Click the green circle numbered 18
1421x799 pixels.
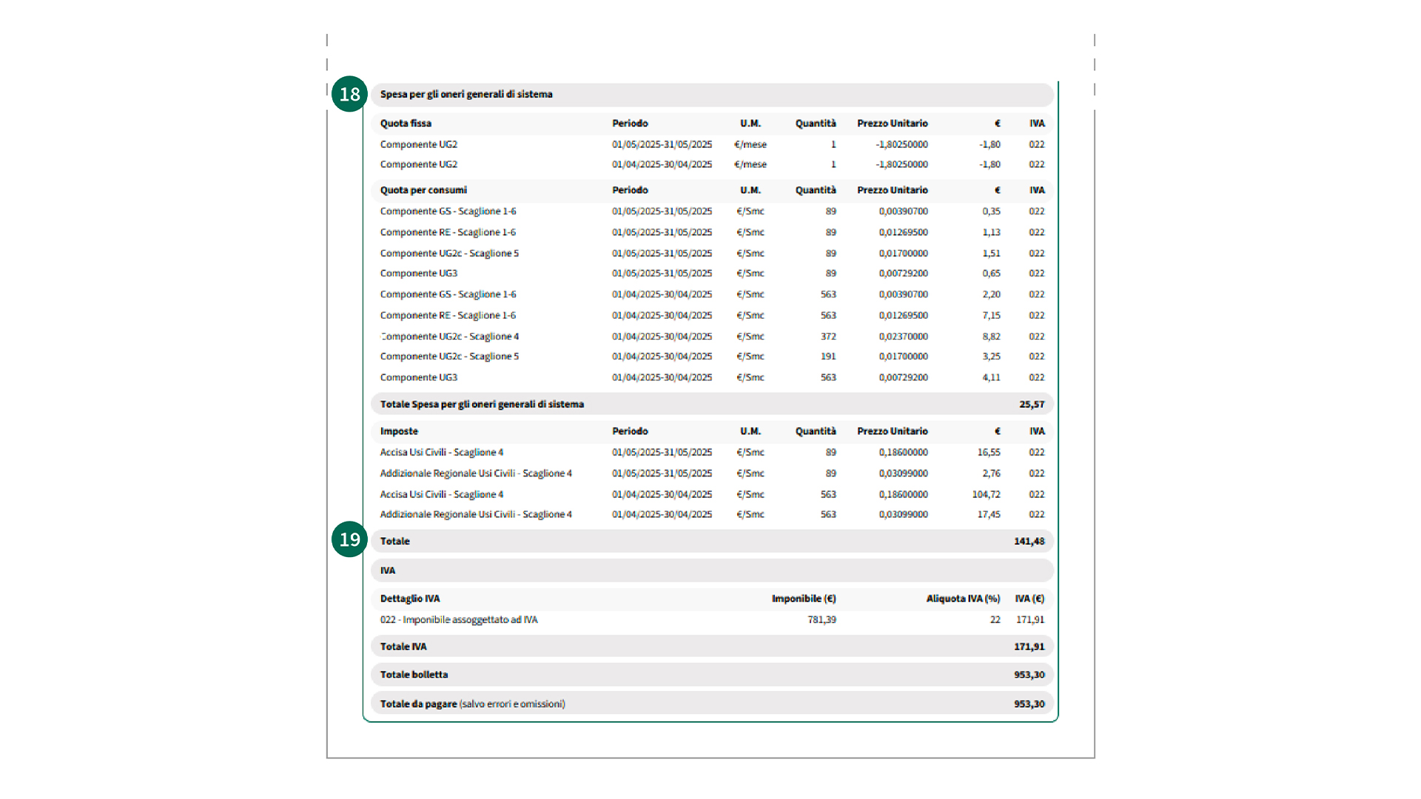tap(349, 94)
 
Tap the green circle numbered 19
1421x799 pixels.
tap(349, 539)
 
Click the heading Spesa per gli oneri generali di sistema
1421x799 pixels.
tap(466, 94)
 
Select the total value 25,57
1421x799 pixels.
tap(1031, 404)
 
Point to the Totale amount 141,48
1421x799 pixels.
tap(1029, 541)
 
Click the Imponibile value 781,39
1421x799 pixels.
tap(822, 619)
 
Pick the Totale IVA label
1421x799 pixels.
tap(403, 646)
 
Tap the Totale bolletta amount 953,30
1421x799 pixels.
tap(1029, 674)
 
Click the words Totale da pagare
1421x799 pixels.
tap(418, 704)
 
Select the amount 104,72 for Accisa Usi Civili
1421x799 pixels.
tap(986, 494)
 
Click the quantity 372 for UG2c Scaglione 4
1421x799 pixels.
tap(828, 336)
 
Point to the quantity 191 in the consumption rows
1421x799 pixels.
tap(828, 356)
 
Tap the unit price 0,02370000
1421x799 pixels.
tap(903, 336)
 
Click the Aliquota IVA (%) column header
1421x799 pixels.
tap(963, 599)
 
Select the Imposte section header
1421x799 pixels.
tap(399, 431)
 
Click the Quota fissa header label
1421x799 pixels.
tap(406, 123)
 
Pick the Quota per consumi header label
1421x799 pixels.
tap(423, 189)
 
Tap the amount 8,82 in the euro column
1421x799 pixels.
tap(991, 336)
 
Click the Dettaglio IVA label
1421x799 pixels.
tap(410, 599)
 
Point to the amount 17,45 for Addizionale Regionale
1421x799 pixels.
tap(988, 514)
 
